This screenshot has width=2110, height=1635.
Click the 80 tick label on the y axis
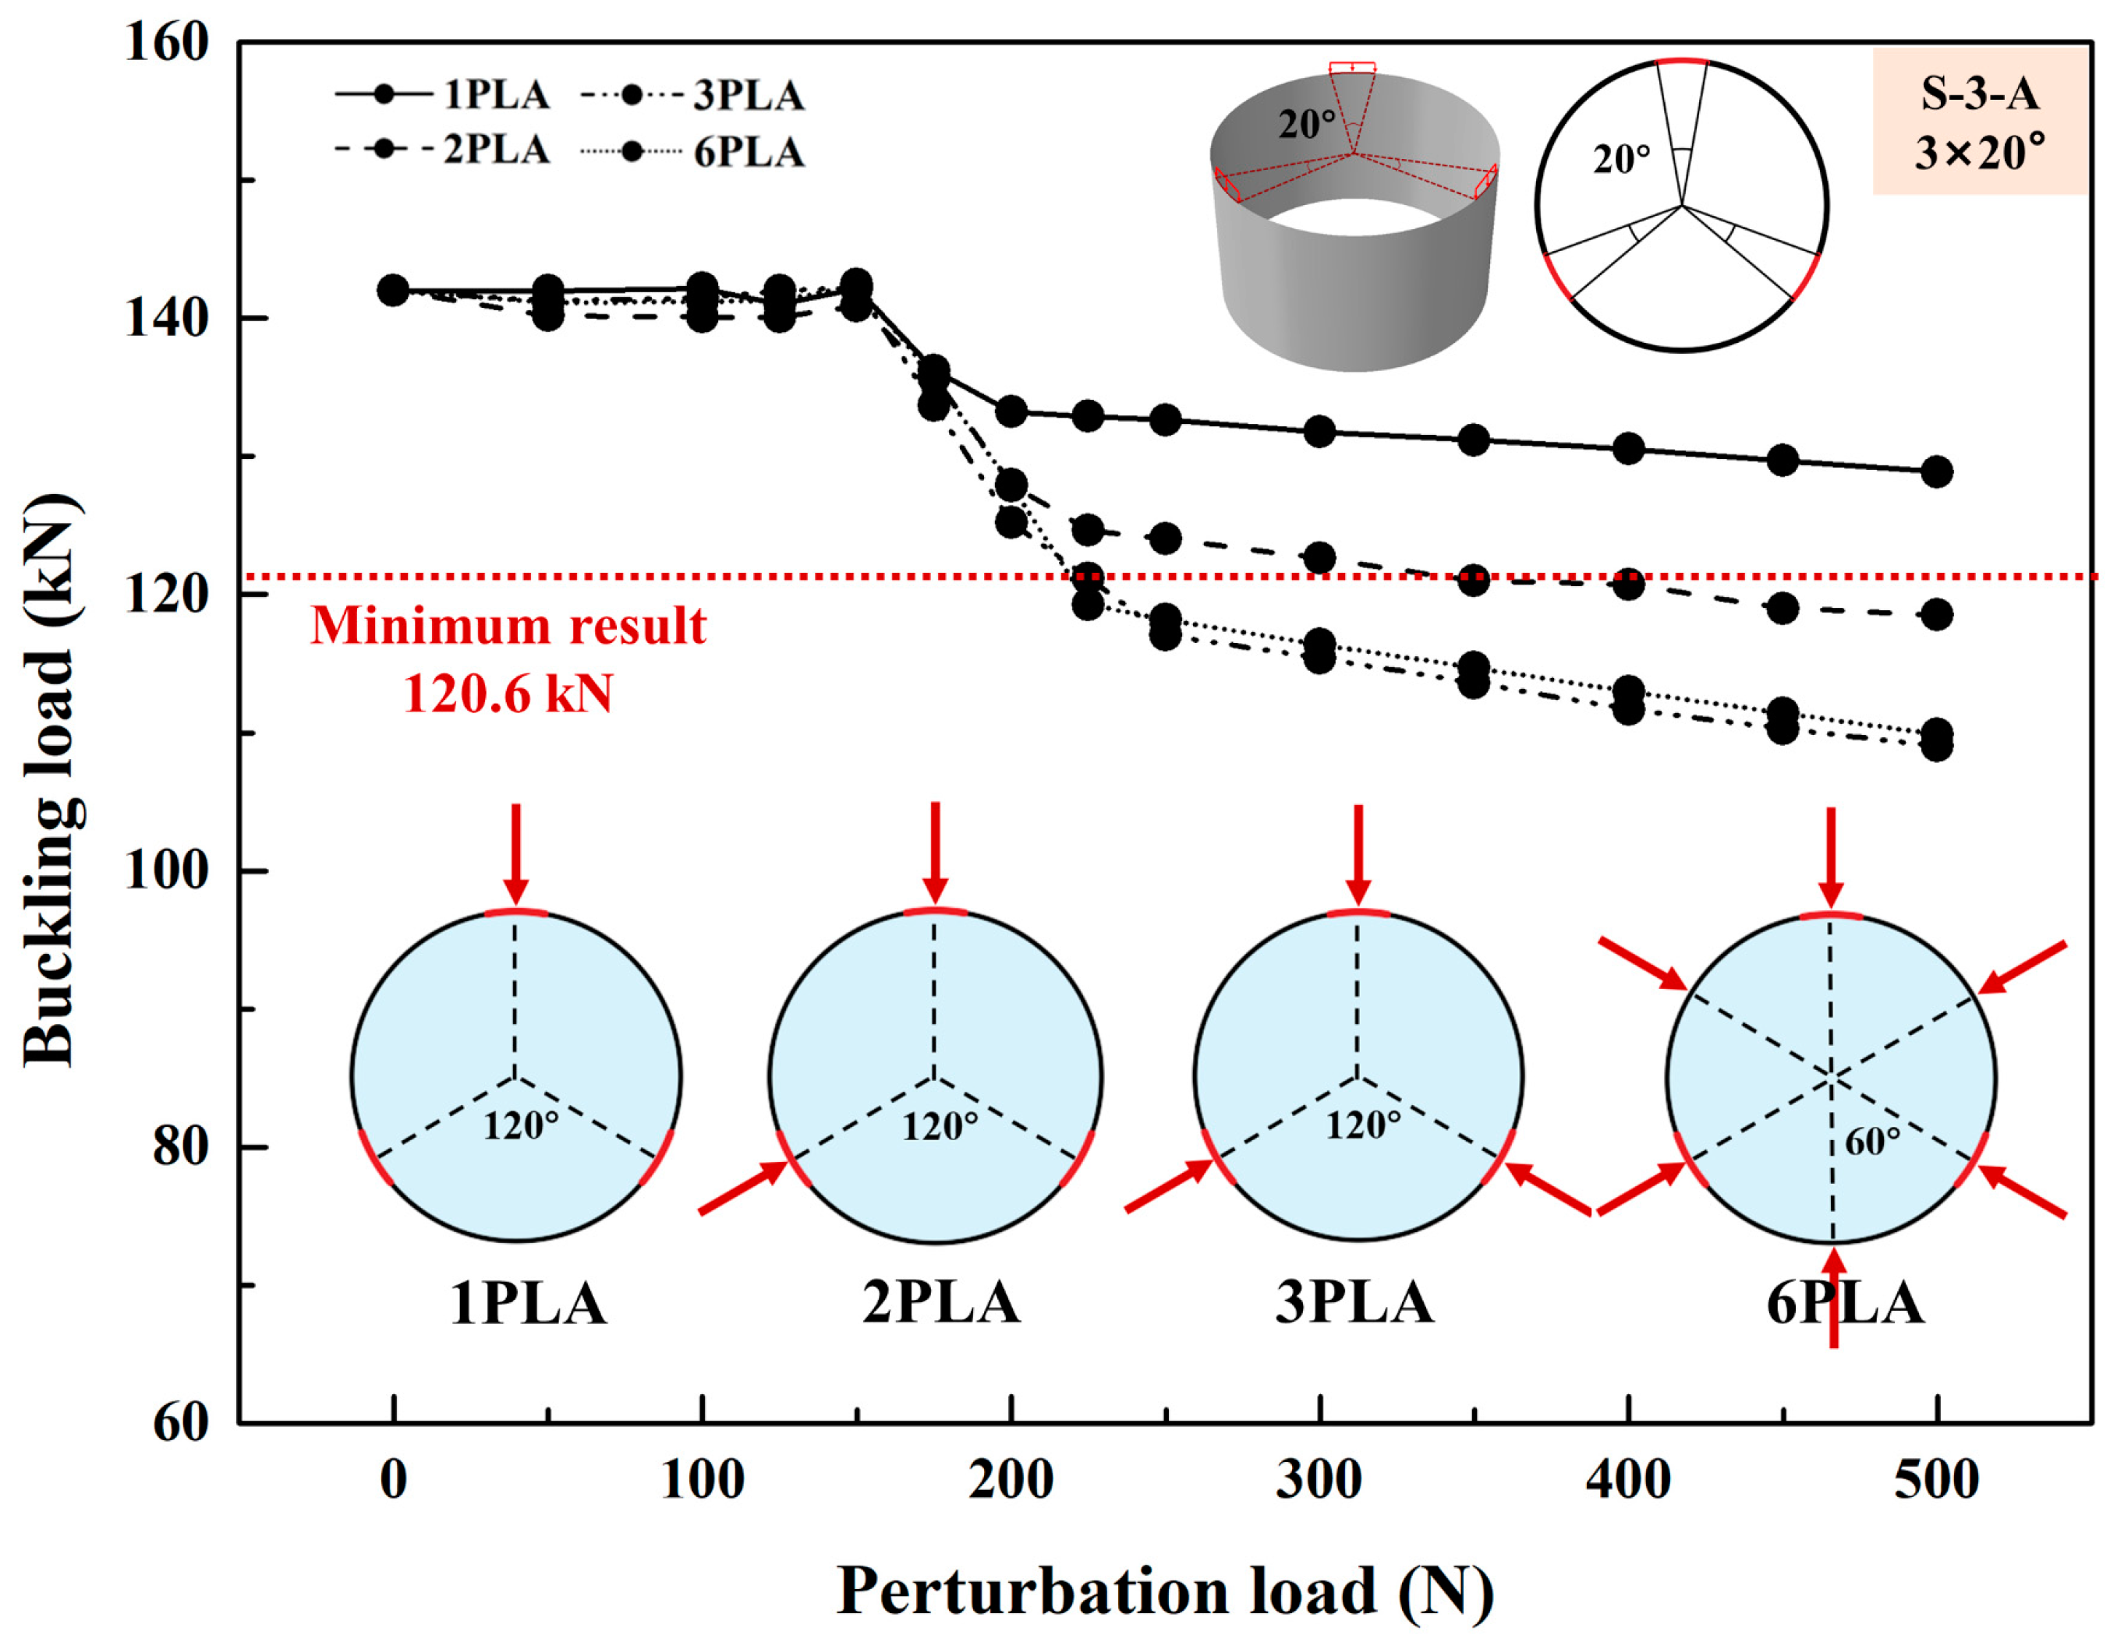click(179, 1146)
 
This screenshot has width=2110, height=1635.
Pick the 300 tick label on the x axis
click(1319, 1479)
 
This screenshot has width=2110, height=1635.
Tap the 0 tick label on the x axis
click(393, 1479)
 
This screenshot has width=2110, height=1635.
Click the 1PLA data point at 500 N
click(1936, 472)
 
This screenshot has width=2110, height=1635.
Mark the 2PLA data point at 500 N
click(1936, 614)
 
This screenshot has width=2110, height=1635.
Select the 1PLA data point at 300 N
click(1319, 432)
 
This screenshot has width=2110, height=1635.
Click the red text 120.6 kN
click(508, 694)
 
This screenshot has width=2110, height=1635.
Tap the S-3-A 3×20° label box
click(1981, 122)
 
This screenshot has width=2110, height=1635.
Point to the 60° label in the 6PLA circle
click(1872, 1142)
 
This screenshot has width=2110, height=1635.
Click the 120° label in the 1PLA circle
click(521, 1126)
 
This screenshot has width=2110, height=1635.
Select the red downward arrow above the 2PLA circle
click(934, 852)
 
